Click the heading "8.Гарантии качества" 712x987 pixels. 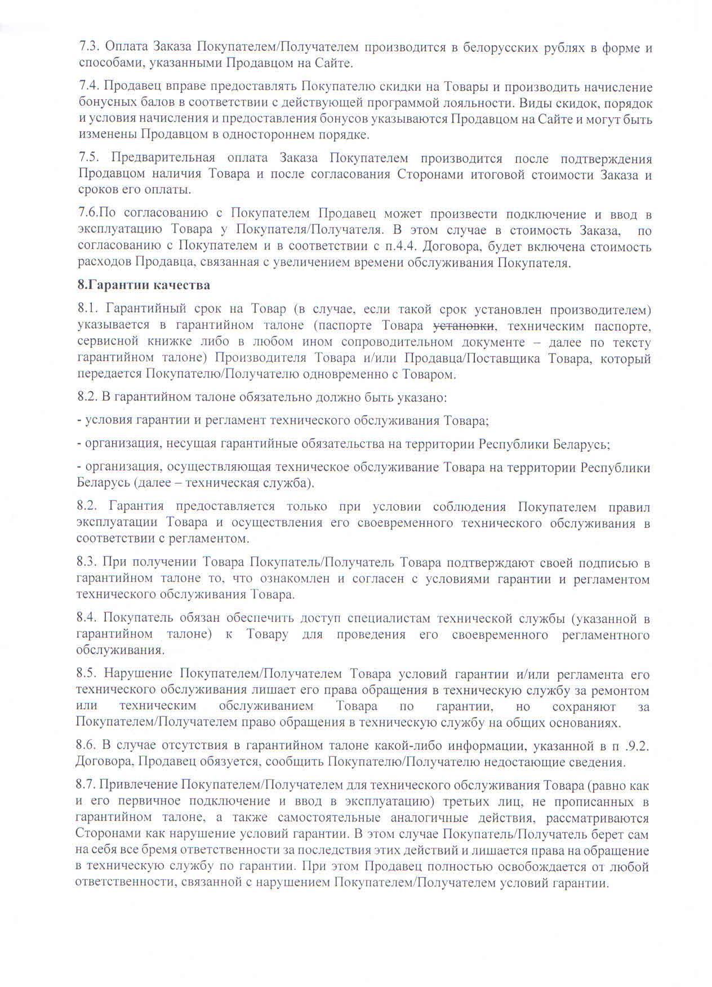coord(144,285)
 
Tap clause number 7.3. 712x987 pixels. coord(89,48)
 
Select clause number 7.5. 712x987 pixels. coord(89,158)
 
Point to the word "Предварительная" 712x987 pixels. coord(163,158)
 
